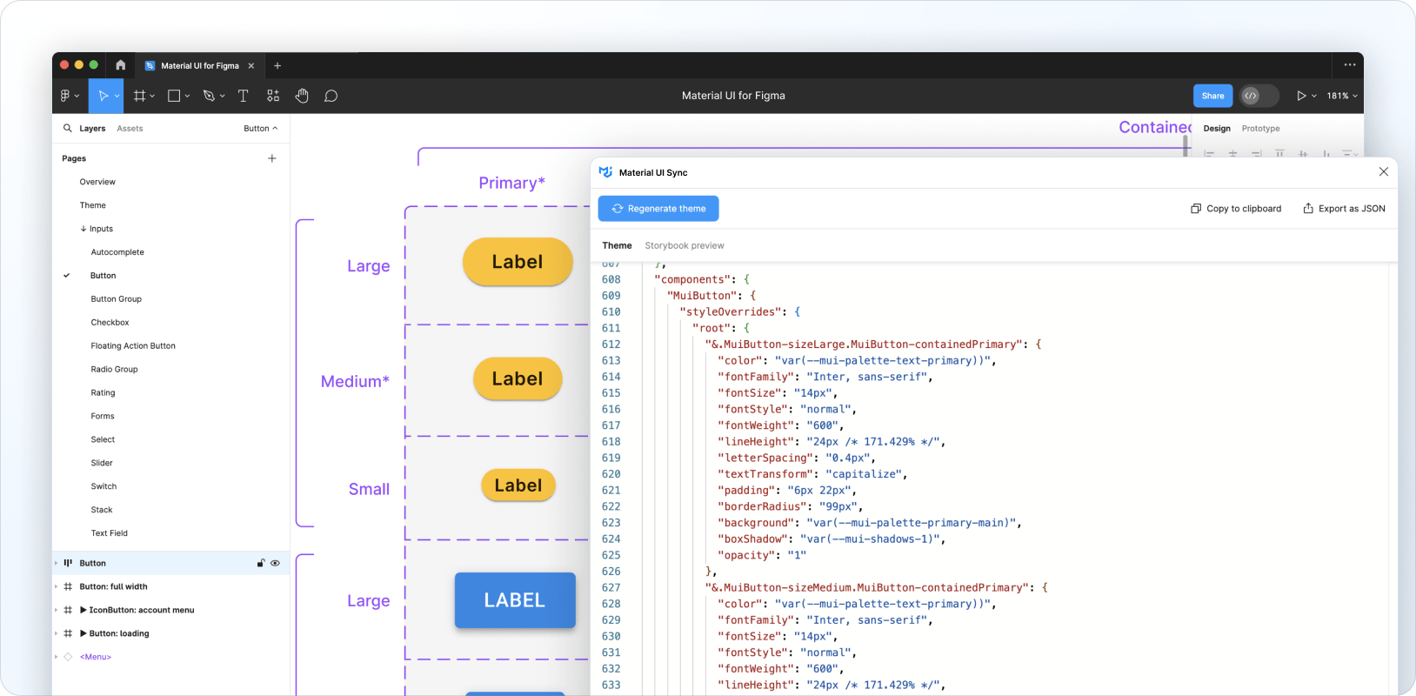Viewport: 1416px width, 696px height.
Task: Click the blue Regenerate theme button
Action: pos(658,209)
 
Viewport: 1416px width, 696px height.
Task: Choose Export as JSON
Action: pos(1344,209)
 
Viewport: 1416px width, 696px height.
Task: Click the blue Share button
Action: pos(1212,96)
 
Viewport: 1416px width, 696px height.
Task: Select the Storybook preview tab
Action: pos(684,245)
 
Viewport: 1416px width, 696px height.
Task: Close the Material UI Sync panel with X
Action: pos(1383,172)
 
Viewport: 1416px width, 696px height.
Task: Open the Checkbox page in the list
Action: pos(110,322)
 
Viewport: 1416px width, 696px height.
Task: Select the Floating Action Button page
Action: pos(133,345)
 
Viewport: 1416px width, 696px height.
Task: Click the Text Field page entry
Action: pos(109,533)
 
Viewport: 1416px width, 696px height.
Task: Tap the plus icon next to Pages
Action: pos(271,158)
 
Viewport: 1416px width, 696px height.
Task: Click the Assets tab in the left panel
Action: pos(130,128)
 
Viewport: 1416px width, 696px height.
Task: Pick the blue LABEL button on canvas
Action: pos(515,600)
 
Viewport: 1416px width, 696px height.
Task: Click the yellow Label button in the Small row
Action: pos(518,485)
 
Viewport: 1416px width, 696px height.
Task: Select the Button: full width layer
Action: pos(113,586)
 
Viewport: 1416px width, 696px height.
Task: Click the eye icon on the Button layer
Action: pos(275,563)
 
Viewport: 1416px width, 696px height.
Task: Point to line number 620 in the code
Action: pos(611,474)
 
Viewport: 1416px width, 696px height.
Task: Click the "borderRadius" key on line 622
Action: pos(759,506)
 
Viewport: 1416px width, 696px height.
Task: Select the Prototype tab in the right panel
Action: pos(1260,128)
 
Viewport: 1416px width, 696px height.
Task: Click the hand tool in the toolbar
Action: pos(302,96)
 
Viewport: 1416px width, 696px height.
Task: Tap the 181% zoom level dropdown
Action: pos(1341,96)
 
